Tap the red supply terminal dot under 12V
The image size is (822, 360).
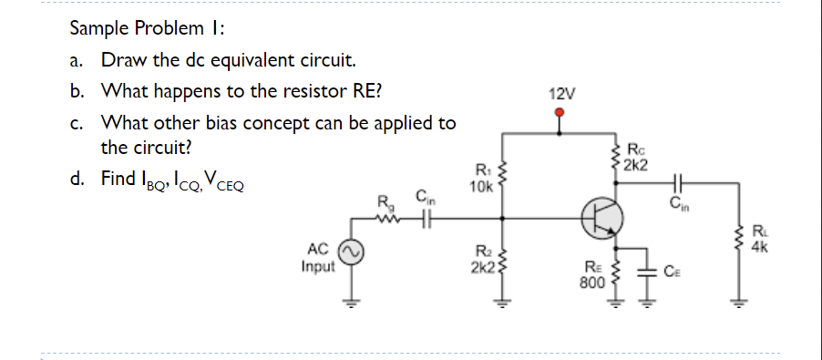(562, 113)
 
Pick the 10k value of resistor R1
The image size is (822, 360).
(480, 188)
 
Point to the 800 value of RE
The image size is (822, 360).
(593, 283)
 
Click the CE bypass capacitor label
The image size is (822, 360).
(672, 271)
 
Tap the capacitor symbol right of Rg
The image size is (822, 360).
(425, 218)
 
